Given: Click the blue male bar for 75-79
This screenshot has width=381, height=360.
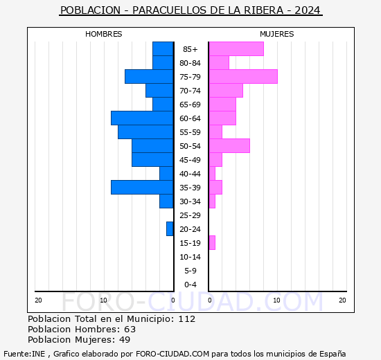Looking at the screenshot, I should pos(149,77).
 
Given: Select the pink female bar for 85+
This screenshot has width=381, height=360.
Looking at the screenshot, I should pos(236,49).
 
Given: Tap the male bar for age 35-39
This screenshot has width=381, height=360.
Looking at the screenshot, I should pos(142,188).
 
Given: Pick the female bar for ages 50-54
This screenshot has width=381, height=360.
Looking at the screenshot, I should pos(229,146).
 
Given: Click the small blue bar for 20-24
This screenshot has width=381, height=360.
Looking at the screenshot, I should pos(170,229).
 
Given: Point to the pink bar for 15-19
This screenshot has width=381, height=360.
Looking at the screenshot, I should pos(212,243).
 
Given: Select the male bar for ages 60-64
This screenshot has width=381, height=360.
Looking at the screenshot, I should pos(142,118).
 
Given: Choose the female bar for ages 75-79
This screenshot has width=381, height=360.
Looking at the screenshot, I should pos(242,77).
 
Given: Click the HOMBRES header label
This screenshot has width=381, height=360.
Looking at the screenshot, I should pos(104,34).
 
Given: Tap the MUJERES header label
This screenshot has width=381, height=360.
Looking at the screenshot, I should pos(277,34).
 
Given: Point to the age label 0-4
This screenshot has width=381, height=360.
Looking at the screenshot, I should pos(190,285).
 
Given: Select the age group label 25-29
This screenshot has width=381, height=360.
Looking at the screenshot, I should pos(190,215).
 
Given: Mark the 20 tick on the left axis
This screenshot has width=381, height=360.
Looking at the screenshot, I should pos(38,300).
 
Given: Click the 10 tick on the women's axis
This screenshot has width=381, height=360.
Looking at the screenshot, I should pos(276,300).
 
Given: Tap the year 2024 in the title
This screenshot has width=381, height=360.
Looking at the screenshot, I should pos(308,11).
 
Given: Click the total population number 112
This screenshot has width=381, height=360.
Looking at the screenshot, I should pos(186,319).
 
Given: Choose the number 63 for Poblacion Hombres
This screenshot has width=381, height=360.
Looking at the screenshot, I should pos(130,330).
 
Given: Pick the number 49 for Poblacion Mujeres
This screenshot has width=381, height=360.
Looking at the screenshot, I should pos(124,340).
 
